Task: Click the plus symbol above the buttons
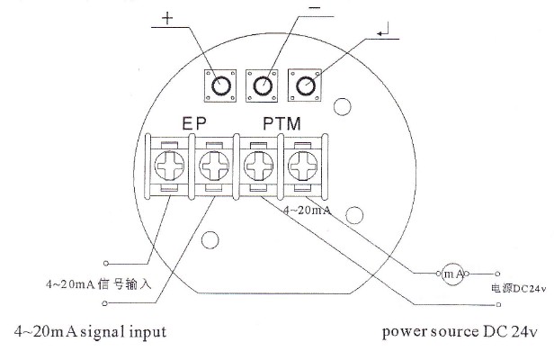[167, 18]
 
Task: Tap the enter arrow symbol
[383, 30]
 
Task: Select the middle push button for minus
[262, 85]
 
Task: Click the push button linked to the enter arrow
[305, 85]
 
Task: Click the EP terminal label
[194, 123]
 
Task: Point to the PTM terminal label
[282, 124]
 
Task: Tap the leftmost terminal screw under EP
[170, 166]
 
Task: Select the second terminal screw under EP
[214, 166]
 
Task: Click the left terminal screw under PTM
[259, 166]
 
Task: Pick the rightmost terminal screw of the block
[302, 166]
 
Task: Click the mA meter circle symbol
[452, 274]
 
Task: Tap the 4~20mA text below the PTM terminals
[308, 211]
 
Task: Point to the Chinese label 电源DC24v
[518, 289]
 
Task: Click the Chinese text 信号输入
[125, 284]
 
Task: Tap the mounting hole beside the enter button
[343, 107]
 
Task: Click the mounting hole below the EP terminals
[210, 239]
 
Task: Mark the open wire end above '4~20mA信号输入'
[105, 264]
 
